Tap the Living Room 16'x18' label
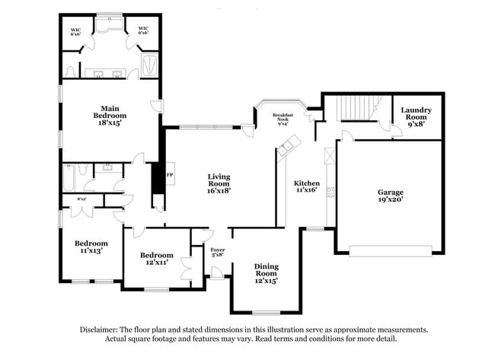[219, 183]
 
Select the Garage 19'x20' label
[390, 196]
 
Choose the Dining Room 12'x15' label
[266, 272]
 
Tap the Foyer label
[218, 252]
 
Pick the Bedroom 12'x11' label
[156, 259]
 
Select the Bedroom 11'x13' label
[88, 247]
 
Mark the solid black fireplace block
[158, 180]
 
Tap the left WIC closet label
[75, 32]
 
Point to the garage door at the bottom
[391, 249]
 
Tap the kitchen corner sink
[286, 147]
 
